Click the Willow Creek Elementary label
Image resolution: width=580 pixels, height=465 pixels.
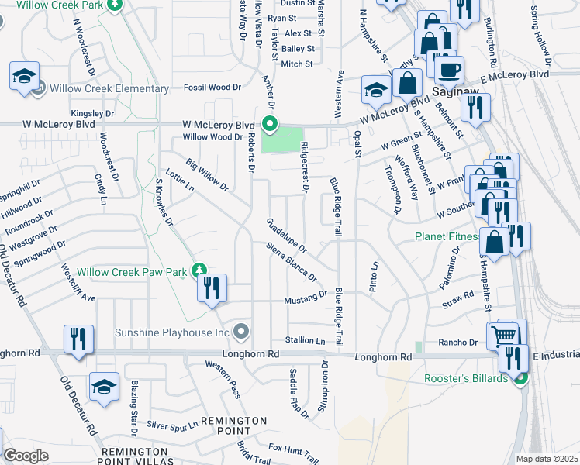[x=109, y=89]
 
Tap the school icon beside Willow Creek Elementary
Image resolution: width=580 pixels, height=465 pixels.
[x=24, y=77]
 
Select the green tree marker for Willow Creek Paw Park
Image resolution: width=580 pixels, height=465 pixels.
[x=200, y=270]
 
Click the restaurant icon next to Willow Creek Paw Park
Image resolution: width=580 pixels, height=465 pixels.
[x=212, y=289]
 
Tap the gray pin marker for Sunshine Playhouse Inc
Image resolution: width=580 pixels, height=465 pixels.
[x=242, y=332]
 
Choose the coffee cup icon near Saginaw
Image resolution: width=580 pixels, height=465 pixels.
[x=449, y=71]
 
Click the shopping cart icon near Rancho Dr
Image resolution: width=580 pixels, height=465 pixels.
[x=503, y=336]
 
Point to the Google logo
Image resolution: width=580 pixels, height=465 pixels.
[x=26, y=456]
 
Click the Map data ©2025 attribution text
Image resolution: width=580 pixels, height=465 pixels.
[x=546, y=459]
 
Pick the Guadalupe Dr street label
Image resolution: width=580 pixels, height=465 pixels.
[x=287, y=236]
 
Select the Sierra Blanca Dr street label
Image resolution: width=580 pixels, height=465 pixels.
[x=291, y=262]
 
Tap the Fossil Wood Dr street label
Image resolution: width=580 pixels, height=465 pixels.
[x=212, y=88]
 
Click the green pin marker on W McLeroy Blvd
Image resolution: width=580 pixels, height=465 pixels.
[x=270, y=123]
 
